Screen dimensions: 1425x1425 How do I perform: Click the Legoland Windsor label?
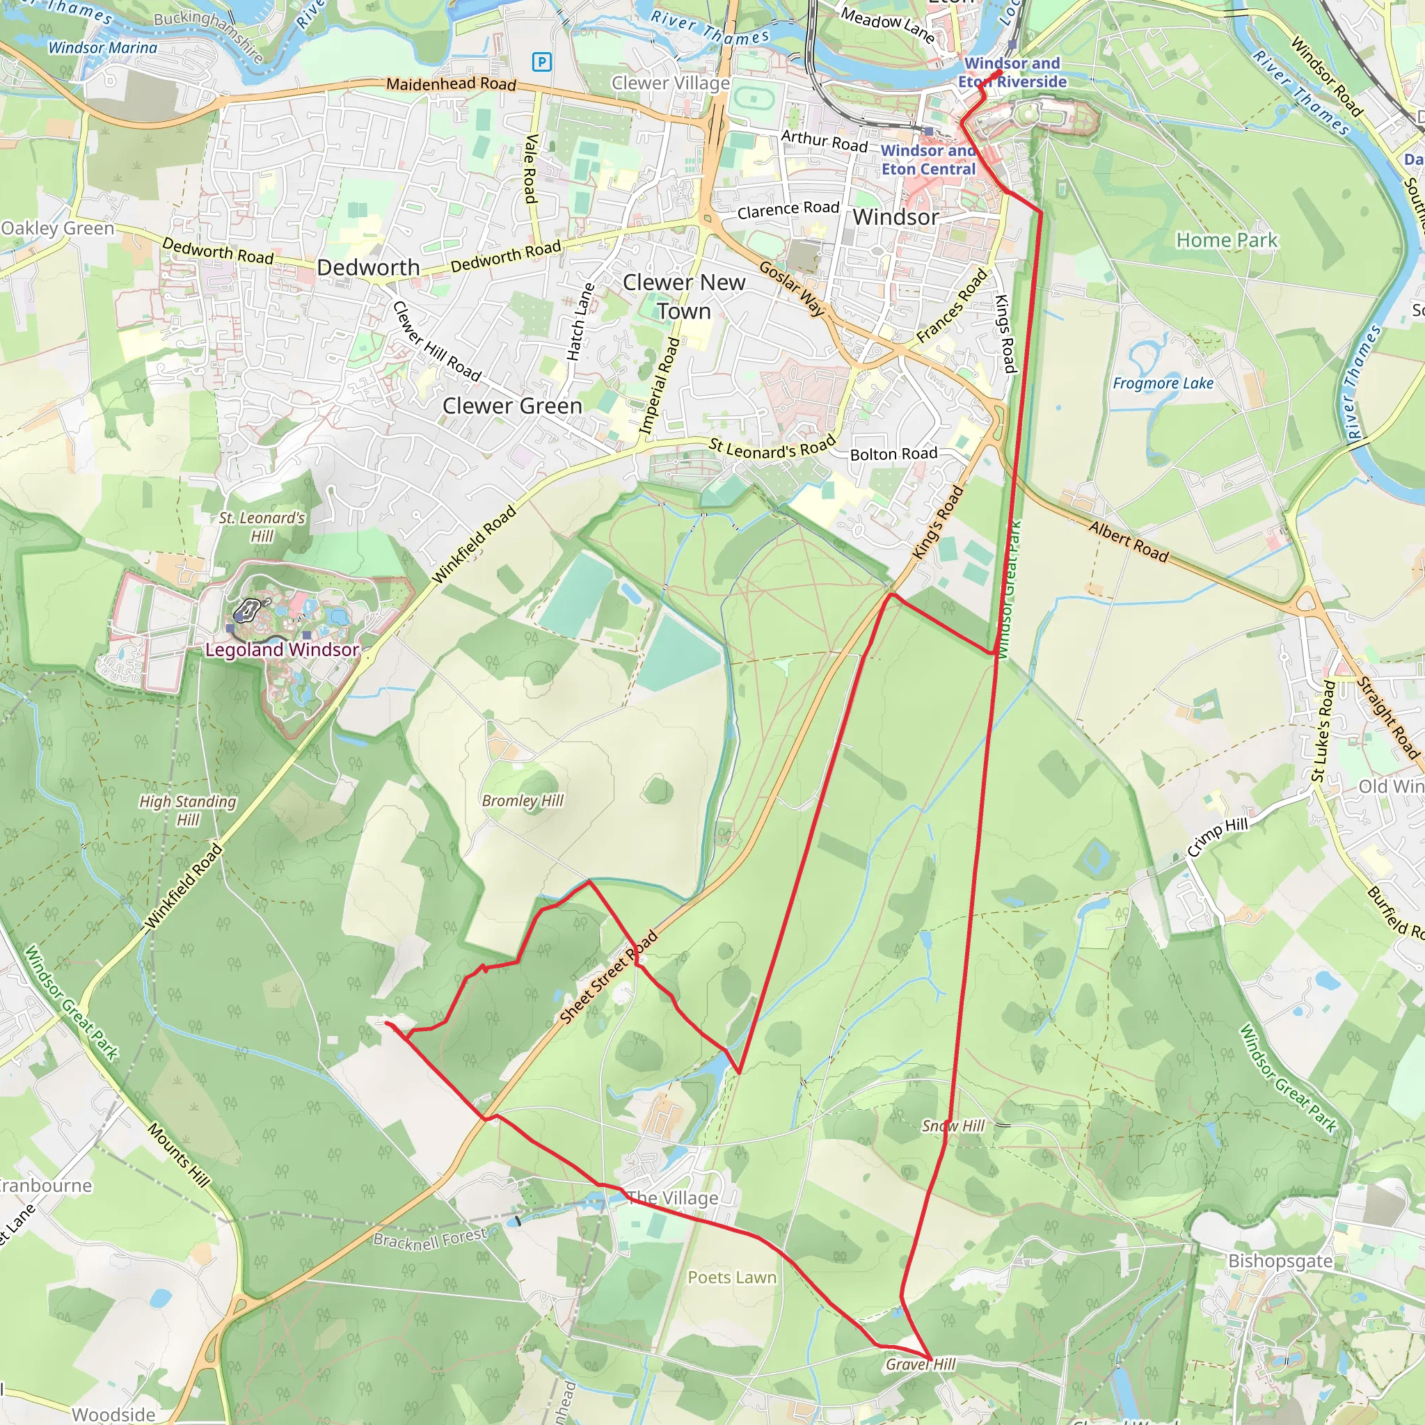coord(282,650)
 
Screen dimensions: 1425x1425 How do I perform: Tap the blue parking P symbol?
coord(542,62)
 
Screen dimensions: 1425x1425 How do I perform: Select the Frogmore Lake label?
coord(1163,383)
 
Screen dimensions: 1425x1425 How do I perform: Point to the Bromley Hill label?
coord(523,801)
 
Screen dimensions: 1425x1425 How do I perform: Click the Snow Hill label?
coord(953,1127)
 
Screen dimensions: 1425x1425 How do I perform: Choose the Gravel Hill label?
coord(921,1364)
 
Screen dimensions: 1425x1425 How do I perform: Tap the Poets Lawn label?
coord(732,1277)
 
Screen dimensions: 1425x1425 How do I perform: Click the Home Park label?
coord(1227,241)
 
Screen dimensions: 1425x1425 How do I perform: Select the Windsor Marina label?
coord(102,48)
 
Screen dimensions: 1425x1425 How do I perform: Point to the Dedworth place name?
coord(368,268)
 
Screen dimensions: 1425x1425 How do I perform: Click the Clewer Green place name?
coord(512,406)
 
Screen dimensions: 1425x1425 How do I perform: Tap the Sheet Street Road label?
coord(609,978)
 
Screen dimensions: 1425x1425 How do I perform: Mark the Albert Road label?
coord(1129,542)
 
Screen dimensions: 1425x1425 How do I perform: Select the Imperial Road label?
coord(659,386)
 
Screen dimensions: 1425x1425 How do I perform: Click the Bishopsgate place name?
coord(1280,1261)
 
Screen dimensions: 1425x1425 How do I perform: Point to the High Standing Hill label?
coord(188,810)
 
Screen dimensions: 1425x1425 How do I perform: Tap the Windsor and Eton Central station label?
coord(929,160)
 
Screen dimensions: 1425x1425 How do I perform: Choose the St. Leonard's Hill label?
coord(262,527)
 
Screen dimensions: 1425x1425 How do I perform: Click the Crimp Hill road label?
coord(1217,836)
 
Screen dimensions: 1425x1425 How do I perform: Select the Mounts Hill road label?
coord(179,1155)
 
